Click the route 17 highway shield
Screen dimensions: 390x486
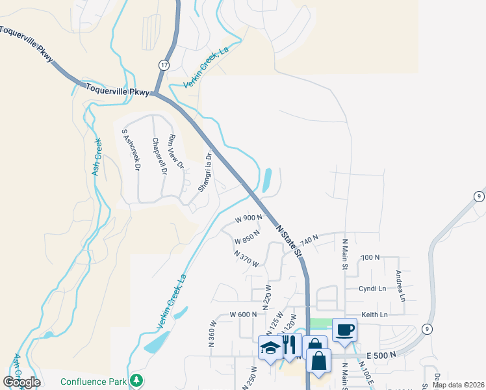(x=164, y=65)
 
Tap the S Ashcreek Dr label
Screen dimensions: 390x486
(x=130, y=149)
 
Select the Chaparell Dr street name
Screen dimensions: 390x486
(x=159, y=157)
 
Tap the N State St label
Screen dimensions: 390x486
(x=290, y=240)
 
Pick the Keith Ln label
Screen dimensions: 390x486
(x=374, y=315)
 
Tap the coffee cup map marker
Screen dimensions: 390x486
(x=344, y=329)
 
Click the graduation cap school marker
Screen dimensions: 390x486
(x=270, y=347)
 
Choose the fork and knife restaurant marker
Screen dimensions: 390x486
(x=289, y=344)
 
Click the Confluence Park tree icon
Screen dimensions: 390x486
(x=136, y=380)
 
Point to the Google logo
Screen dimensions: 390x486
(x=21, y=382)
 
